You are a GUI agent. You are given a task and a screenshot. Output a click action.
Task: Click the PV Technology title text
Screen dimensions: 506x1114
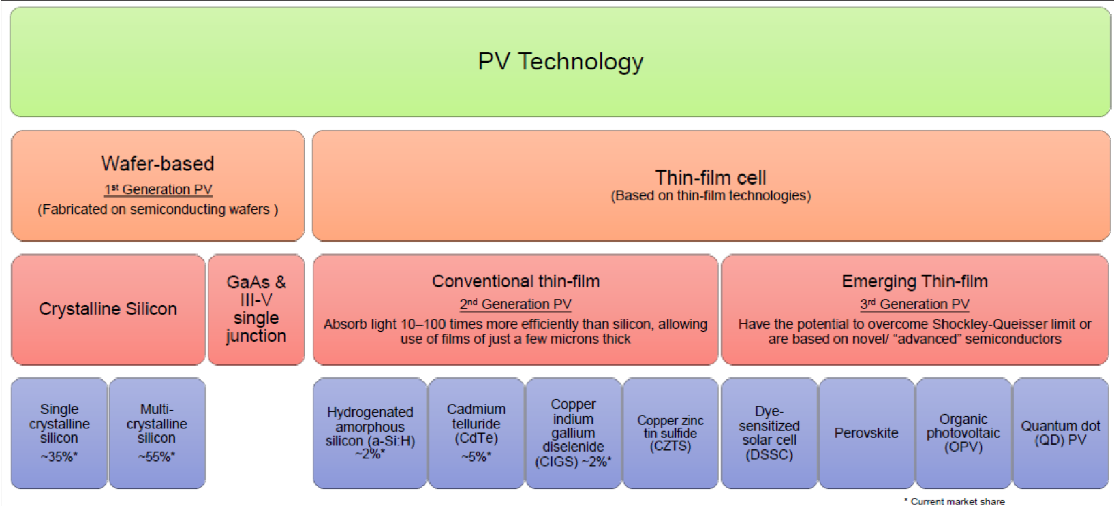point(560,61)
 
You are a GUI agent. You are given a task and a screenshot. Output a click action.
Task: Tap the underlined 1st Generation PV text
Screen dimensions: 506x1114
point(158,190)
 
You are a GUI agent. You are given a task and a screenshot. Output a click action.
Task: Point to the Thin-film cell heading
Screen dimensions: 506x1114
point(711,177)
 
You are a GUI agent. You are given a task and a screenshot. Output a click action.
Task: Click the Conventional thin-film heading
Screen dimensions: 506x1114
point(516,281)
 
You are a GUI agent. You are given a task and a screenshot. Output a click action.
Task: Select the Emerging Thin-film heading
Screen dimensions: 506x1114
point(915,281)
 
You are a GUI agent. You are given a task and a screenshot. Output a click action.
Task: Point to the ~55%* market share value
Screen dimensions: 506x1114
point(156,457)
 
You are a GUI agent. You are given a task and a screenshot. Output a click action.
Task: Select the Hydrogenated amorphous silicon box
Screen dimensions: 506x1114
point(370,432)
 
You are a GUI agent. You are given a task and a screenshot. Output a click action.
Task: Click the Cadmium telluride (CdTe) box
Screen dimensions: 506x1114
point(476,432)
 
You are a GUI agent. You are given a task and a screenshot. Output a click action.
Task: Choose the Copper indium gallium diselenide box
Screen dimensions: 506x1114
point(573,432)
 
